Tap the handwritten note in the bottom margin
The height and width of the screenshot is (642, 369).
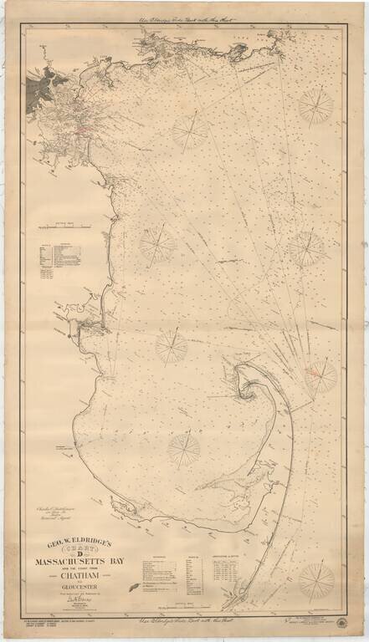(x=184, y=623)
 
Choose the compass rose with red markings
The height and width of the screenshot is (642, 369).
(x=320, y=375)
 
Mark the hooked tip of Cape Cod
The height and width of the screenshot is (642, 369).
(x=249, y=385)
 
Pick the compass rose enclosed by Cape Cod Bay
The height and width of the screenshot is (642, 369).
(x=183, y=449)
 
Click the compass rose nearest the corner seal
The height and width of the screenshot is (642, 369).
(x=316, y=578)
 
